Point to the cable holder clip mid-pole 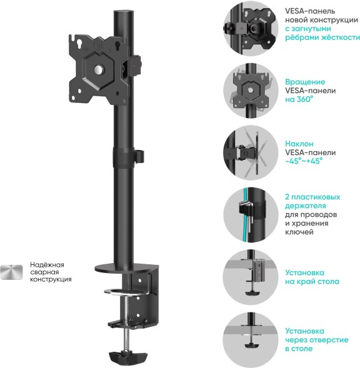tap(139, 155)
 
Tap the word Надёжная tap(47, 264)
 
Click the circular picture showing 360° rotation tap(249, 91)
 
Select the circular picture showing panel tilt tap(249, 151)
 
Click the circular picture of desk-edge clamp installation tap(249, 276)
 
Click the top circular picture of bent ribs tap(249, 29)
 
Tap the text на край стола tap(312, 282)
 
